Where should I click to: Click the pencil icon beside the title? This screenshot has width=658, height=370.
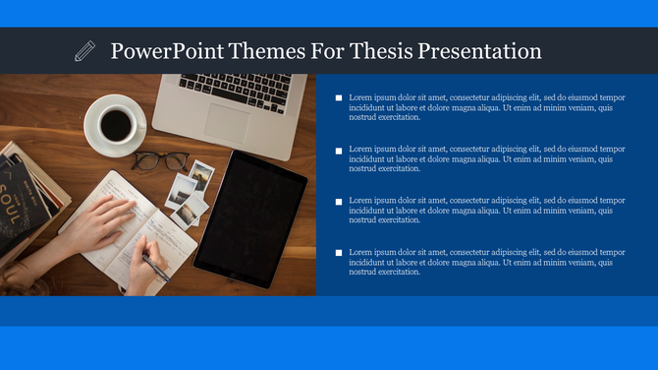(85, 51)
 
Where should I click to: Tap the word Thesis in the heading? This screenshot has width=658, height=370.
(376, 51)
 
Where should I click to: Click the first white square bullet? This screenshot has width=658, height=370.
(339, 98)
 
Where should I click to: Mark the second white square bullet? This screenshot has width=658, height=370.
(339, 151)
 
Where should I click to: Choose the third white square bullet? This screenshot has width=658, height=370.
(339, 202)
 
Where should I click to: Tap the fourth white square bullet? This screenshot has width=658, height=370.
(339, 253)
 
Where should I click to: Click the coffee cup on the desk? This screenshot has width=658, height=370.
(116, 124)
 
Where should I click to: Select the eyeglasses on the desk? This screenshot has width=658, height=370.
(160, 160)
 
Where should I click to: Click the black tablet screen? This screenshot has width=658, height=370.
(237, 216)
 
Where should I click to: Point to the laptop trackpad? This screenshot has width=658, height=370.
(228, 122)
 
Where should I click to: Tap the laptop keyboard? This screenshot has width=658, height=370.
(236, 91)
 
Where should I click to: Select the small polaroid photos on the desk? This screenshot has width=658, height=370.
(190, 189)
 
